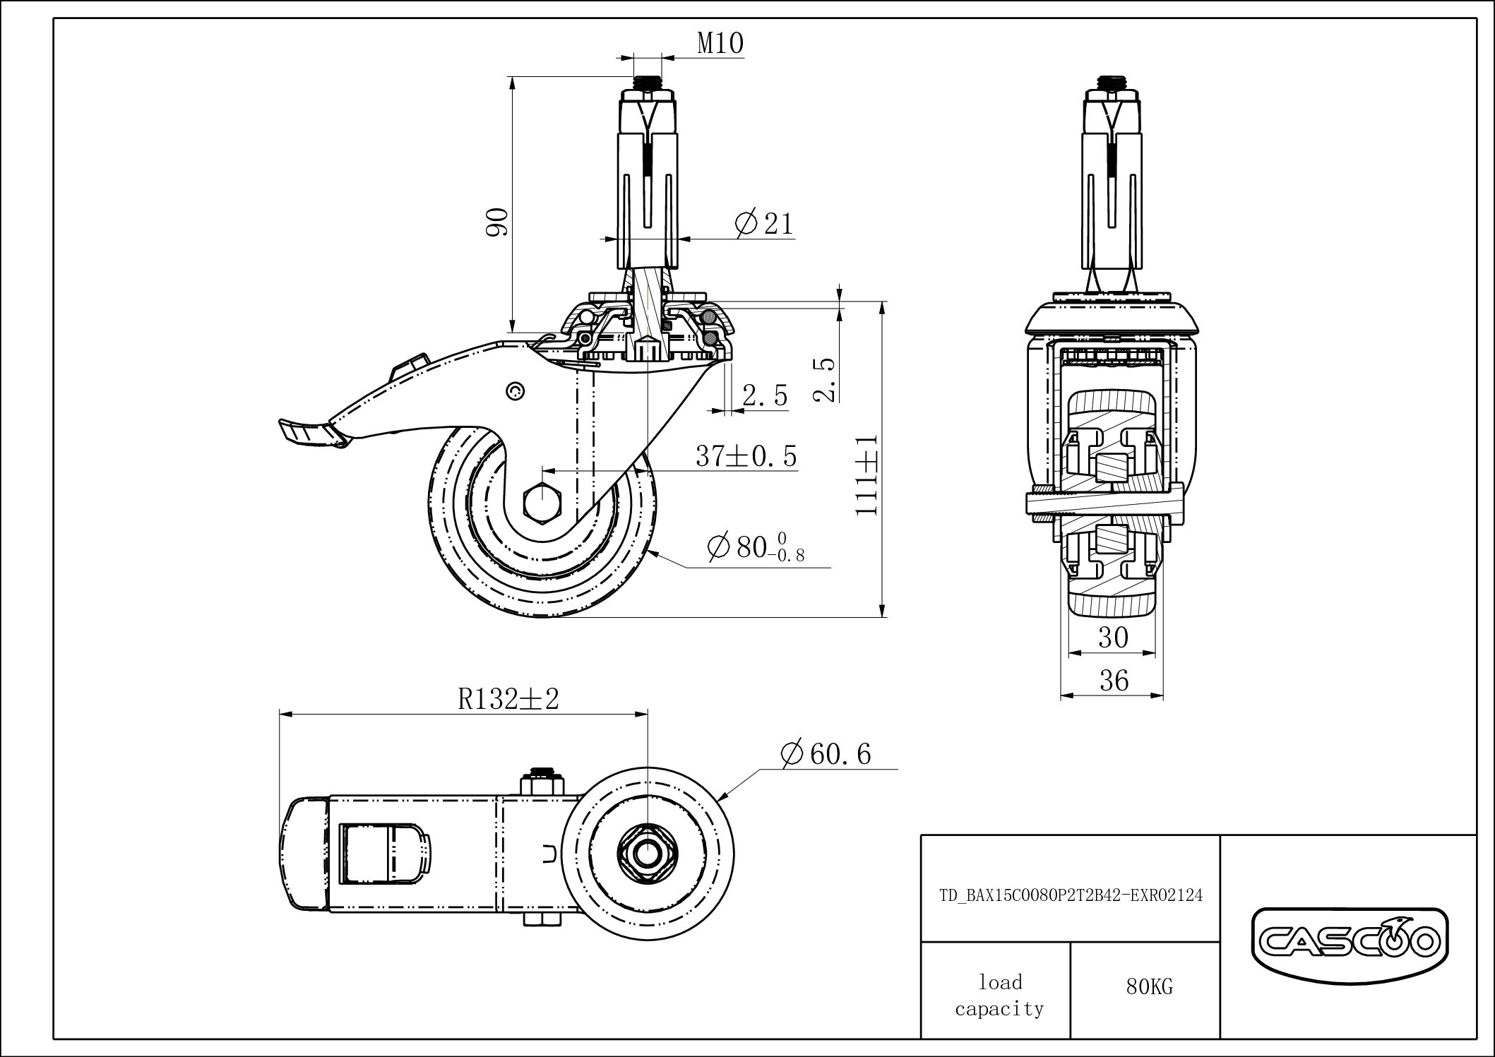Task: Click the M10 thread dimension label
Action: pyautogui.click(x=720, y=44)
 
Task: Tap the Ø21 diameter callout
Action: pyautogui.click(x=764, y=224)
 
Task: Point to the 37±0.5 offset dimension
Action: pyautogui.click(x=746, y=456)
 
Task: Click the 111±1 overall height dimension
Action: pyautogui.click(x=866, y=474)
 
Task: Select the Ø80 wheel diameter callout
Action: pyautogui.click(x=756, y=547)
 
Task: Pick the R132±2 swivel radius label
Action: pyautogui.click(x=508, y=699)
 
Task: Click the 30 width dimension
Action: pyautogui.click(x=1113, y=638)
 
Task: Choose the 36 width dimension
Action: pyautogui.click(x=1114, y=681)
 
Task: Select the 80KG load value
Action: pyautogui.click(x=1149, y=986)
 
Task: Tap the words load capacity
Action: pyautogui.click(x=999, y=996)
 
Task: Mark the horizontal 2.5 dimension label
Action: pyautogui.click(x=765, y=396)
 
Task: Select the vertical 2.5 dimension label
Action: pyautogui.click(x=824, y=379)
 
